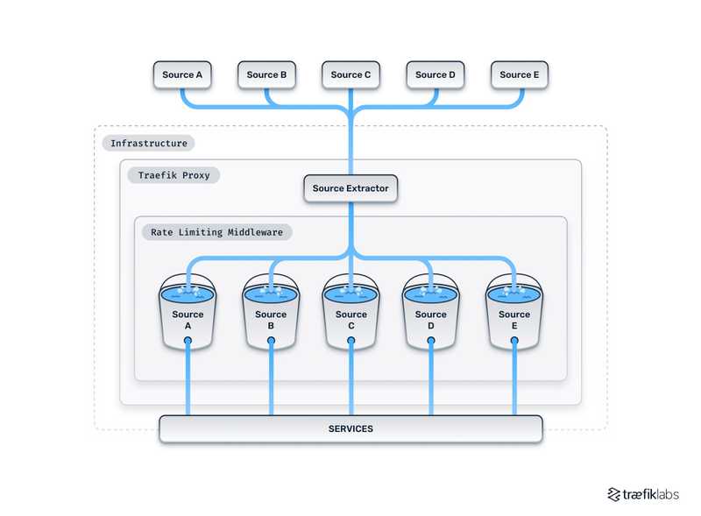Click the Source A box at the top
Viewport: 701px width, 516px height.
[182, 75]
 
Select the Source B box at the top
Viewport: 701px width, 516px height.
[266, 75]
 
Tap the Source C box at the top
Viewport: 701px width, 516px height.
[350, 75]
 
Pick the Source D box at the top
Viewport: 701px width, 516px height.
[435, 75]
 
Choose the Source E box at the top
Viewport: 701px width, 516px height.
[520, 75]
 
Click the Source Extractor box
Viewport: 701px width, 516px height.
[350, 188]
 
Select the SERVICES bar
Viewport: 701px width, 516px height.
[350, 428]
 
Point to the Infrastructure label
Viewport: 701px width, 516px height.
[149, 143]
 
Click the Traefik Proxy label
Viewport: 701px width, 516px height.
[178, 175]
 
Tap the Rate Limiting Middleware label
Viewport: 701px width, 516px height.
[216, 232]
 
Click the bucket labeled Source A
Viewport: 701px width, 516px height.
[188, 315]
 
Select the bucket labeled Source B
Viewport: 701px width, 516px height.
[271, 315]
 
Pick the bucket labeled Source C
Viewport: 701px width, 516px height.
[351, 315]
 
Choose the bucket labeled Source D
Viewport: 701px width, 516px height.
[430, 315]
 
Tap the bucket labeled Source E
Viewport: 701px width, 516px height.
[514, 315]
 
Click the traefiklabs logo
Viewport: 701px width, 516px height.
[642, 494]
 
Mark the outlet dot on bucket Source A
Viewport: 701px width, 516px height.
[188, 340]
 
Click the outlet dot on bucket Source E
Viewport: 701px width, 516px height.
[514, 340]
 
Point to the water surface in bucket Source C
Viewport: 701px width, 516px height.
[351, 294]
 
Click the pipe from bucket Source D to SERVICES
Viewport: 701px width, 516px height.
[430, 381]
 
